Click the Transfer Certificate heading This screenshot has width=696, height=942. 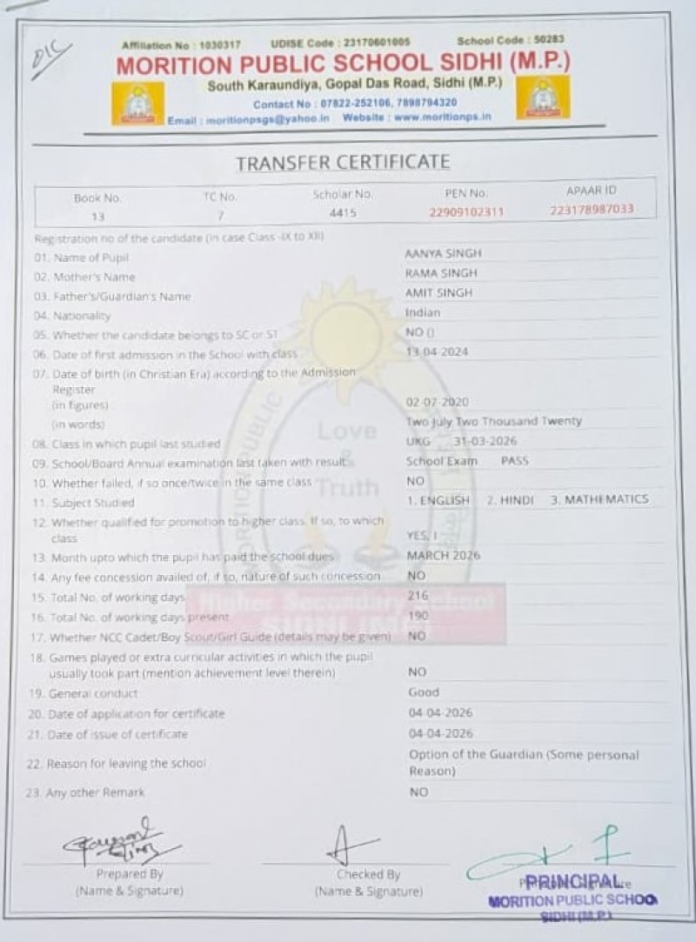(343, 162)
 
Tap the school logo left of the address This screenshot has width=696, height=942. (137, 104)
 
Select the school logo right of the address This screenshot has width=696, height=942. (543, 97)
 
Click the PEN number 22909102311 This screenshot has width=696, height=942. (466, 211)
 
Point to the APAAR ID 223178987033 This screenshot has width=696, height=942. (592, 210)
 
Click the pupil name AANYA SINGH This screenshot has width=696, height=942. (444, 253)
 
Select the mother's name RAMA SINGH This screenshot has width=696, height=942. (441, 273)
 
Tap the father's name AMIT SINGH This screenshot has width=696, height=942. (439, 293)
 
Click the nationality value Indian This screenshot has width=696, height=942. (423, 312)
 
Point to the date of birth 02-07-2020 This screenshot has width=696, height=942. (438, 402)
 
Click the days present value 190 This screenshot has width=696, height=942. (418, 616)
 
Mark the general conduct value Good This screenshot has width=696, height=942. (424, 692)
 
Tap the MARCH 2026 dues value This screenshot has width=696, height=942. (444, 555)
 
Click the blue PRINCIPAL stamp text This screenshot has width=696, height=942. (573, 881)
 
